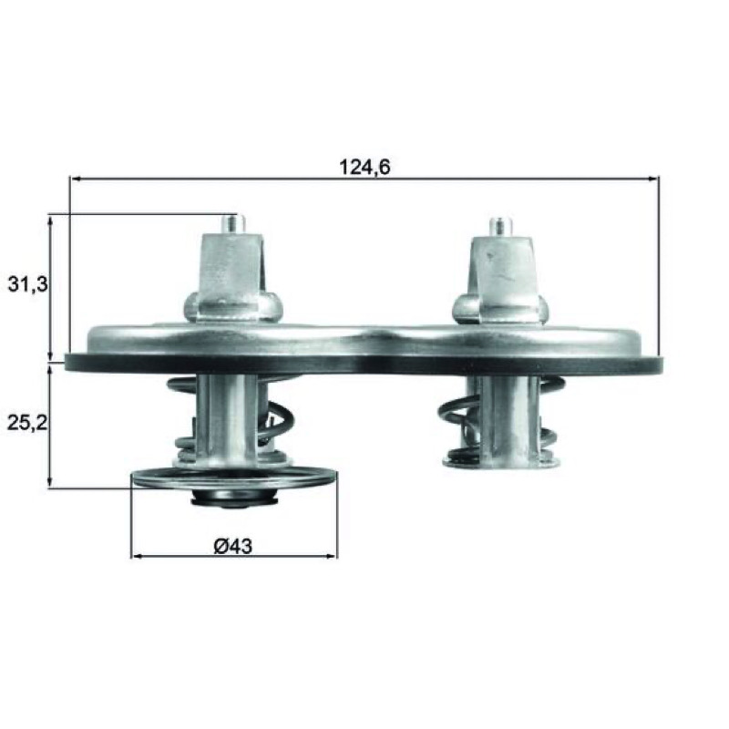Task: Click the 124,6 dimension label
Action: [x=364, y=167]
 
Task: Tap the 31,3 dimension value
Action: [x=28, y=284]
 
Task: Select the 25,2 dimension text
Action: [x=28, y=422]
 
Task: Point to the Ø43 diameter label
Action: [x=233, y=546]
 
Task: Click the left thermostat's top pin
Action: [x=232, y=224]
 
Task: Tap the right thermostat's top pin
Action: [x=500, y=226]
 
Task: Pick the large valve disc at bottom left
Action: [x=234, y=479]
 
